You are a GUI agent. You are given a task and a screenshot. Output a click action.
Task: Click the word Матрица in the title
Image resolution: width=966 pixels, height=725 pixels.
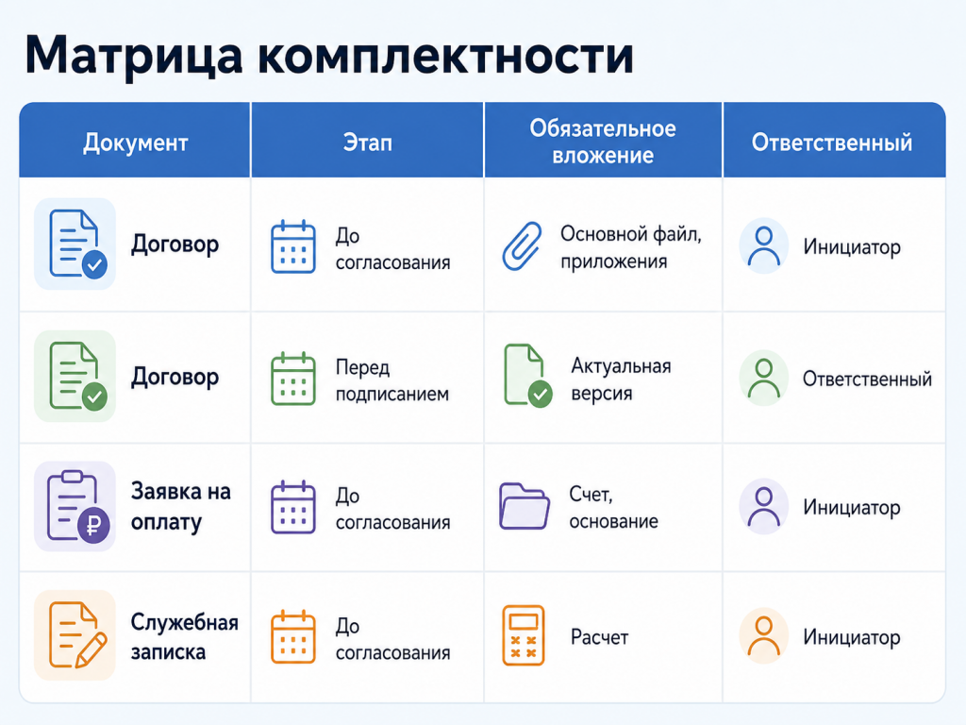click(x=134, y=57)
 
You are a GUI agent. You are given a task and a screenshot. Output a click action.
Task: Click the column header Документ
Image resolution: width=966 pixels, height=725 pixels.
click(x=136, y=143)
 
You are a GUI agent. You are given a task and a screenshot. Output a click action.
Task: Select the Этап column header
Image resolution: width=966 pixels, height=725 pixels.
click(x=367, y=143)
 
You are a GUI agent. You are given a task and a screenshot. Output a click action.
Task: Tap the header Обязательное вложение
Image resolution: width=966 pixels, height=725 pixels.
click(x=603, y=142)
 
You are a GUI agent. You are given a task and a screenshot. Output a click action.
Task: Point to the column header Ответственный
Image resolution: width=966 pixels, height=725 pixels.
click(x=832, y=143)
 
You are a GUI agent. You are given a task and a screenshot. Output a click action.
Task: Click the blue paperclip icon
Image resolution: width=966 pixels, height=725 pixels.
click(x=522, y=246)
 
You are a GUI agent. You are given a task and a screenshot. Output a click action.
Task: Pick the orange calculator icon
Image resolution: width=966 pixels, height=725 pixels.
click(x=523, y=635)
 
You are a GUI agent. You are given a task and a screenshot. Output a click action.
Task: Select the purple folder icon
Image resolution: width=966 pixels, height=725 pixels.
click(x=525, y=506)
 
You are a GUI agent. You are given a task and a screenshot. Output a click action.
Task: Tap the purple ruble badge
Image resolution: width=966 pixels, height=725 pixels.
click(x=93, y=526)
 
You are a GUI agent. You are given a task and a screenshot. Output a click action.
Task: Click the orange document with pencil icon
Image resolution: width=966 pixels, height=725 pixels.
click(x=76, y=635)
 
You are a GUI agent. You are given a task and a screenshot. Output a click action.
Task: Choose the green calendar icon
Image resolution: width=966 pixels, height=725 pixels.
click(x=293, y=379)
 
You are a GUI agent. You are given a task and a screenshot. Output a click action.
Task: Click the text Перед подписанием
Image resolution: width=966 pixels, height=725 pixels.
click(x=391, y=380)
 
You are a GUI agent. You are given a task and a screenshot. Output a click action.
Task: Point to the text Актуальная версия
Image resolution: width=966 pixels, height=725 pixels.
click(x=621, y=379)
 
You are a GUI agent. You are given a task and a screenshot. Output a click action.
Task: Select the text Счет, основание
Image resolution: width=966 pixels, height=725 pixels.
click(x=613, y=507)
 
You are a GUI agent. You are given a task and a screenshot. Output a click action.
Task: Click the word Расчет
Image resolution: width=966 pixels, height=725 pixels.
click(x=599, y=637)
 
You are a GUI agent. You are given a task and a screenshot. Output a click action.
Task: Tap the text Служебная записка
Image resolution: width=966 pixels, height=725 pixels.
click(x=184, y=637)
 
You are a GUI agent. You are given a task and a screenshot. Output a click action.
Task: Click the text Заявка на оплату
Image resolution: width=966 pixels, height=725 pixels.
click(x=180, y=507)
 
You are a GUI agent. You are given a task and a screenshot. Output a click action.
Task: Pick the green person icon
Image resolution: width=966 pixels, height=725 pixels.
click(x=764, y=378)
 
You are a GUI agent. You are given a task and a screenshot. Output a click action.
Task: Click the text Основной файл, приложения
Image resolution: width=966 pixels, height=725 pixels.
click(x=630, y=247)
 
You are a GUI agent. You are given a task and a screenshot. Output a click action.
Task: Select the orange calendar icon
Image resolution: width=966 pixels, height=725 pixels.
click(x=293, y=637)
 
